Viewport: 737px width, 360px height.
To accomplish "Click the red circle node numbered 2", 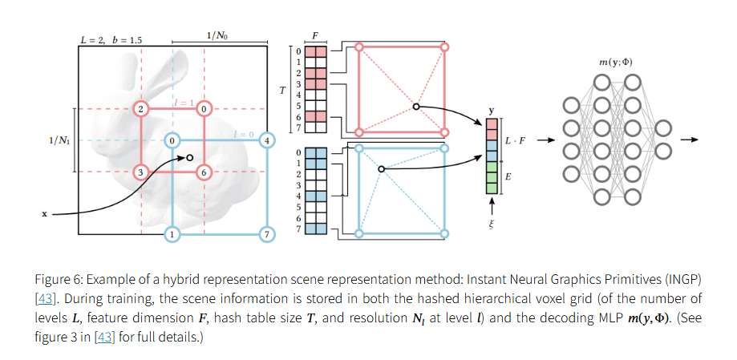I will pyautogui.click(x=141, y=108).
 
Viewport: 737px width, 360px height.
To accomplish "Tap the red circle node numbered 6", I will pyautogui.click(x=204, y=172).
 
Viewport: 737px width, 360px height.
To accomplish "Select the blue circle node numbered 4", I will pyautogui.click(x=268, y=140).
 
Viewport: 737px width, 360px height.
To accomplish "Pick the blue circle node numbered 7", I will pyautogui.click(x=268, y=234).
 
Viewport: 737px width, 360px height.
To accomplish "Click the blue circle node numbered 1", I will pyautogui.click(x=172, y=234).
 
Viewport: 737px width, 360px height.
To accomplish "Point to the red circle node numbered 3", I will pyautogui.click(x=141, y=172).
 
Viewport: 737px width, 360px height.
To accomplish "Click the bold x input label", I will pyautogui.click(x=44, y=214).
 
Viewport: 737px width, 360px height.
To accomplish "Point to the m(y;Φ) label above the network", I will pyautogui.click(x=615, y=62).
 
